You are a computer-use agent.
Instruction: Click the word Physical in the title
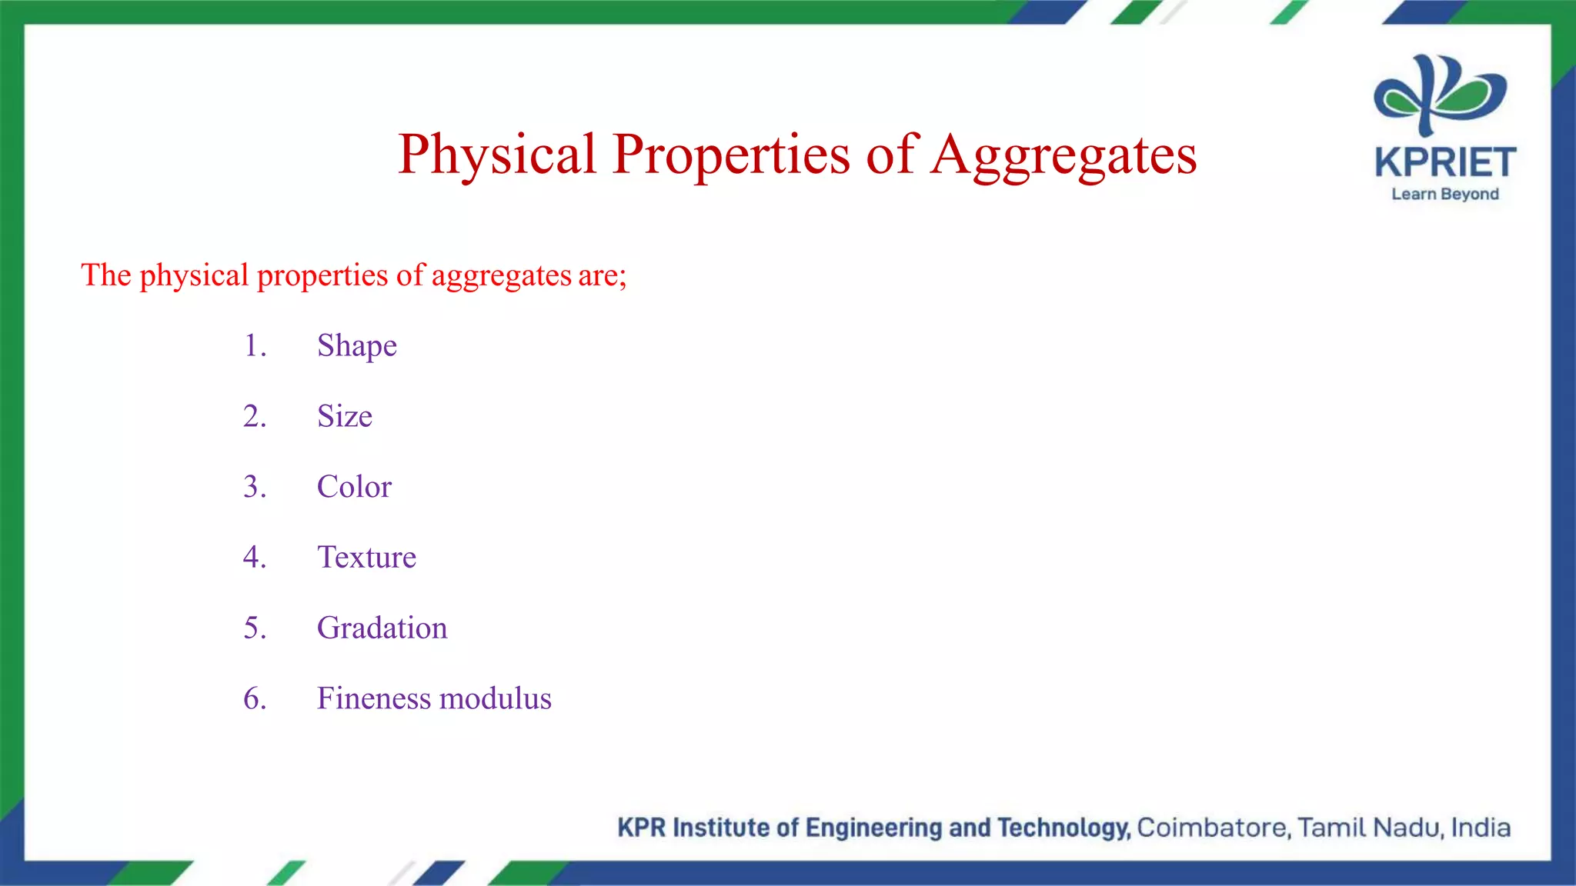[497, 155]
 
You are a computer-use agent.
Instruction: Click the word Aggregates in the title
[1063, 155]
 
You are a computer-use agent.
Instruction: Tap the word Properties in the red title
[730, 155]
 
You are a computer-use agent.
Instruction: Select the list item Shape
[357, 346]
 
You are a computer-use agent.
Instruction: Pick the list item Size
[344, 416]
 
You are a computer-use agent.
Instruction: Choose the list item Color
[354, 487]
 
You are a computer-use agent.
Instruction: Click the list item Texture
[366, 557]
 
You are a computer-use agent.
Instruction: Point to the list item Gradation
[382, 628]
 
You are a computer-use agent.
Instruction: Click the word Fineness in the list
[373, 698]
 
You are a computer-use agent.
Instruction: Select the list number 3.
[254, 487]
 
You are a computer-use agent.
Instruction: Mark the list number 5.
[254, 628]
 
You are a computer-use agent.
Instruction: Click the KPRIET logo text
[1444, 163]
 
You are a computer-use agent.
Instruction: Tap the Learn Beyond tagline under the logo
[1444, 194]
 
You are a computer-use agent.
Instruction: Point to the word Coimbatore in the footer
[1213, 828]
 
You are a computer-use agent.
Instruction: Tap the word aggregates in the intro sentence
[501, 276]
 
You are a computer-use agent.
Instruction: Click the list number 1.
[254, 346]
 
